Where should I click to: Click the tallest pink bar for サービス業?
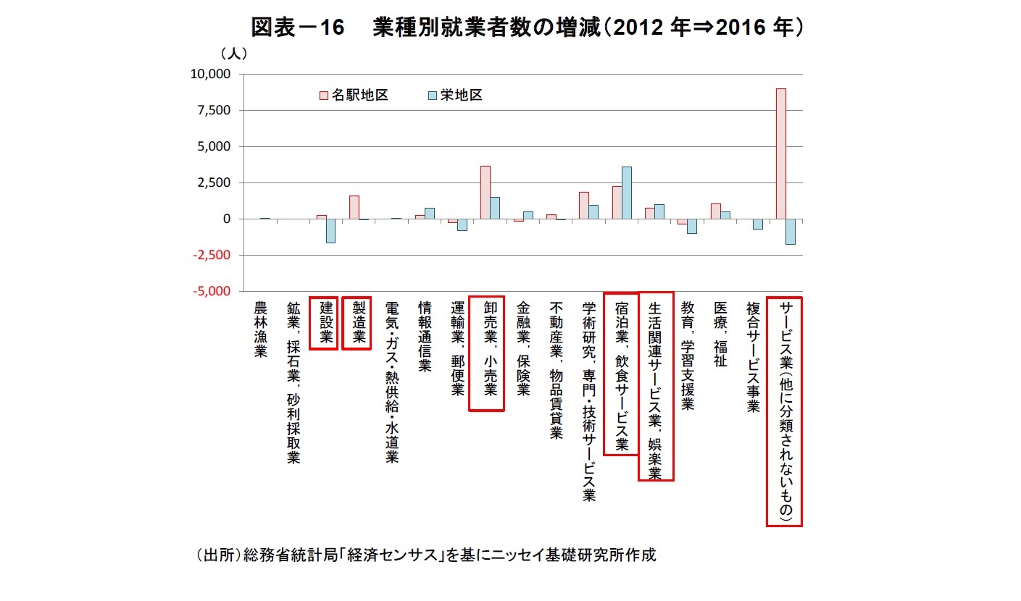coord(780,154)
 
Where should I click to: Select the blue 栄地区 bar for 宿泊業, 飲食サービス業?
coord(626,193)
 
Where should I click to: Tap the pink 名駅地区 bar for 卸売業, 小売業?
coord(485,192)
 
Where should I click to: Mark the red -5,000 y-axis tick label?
coord(210,291)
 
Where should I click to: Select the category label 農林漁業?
coord(261,329)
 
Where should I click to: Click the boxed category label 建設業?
coord(324,323)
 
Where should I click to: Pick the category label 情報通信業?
coord(426,337)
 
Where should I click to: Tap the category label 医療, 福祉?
coord(720,334)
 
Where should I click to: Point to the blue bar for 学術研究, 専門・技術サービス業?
coord(593,211)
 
